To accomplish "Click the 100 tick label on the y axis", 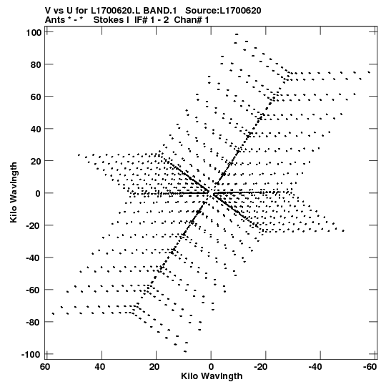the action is click(x=34, y=32).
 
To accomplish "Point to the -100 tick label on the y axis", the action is click(x=31, y=355).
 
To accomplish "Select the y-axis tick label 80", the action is click(x=36, y=64).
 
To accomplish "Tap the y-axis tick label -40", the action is click(x=34, y=258).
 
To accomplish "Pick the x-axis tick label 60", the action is click(x=45, y=367).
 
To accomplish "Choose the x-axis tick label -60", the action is click(x=370, y=367).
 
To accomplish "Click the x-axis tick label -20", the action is click(x=261, y=367).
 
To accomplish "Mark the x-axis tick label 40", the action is click(x=100, y=367).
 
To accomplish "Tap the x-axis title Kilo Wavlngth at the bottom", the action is click(x=212, y=376).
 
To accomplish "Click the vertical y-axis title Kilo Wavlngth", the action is click(x=14, y=192).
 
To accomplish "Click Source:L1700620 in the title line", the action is click(x=223, y=11).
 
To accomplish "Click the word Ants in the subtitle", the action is click(x=55, y=20).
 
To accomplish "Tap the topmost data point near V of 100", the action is click(x=237, y=34).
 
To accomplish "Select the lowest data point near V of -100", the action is click(x=185, y=351).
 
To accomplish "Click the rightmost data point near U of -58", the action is click(x=369, y=72).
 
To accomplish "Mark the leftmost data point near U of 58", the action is click(x=53, y=314).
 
